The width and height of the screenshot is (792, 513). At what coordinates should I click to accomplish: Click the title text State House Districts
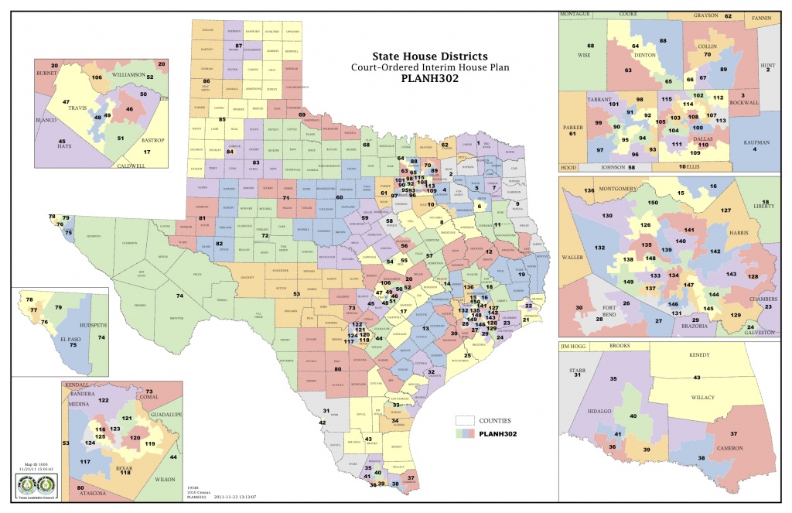pyautogui.click(x=431, y=56)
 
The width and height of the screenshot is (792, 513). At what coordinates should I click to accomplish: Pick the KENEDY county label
pyautogui.click(x=699, y=354)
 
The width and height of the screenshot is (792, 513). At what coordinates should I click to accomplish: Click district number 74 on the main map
pyautogui.click(x=179, y=296)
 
